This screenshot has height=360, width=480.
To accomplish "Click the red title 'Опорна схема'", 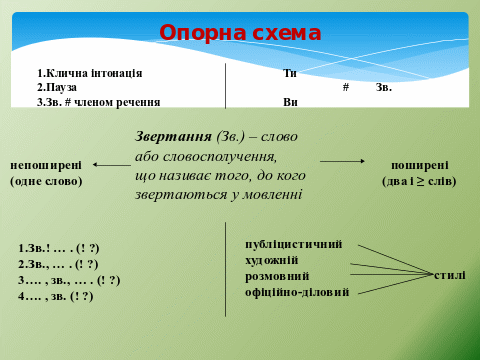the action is point(240,33).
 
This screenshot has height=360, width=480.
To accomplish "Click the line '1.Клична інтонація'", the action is point(90,73).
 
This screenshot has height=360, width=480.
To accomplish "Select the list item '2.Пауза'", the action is point(57,87).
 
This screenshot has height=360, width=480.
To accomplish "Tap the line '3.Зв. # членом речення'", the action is point(99,102).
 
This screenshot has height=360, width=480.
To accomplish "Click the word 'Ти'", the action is point(290,73).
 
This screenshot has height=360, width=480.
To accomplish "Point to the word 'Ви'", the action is point(290,102).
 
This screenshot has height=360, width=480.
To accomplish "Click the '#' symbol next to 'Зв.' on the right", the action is point(346,87).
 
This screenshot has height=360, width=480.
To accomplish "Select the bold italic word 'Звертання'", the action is point(173,136).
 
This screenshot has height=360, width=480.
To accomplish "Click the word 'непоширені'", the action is point(46,165).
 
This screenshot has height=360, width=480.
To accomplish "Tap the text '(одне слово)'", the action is point(46,181).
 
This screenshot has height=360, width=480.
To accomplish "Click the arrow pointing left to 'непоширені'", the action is point(112,165).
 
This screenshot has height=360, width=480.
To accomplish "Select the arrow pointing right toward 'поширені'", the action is point(342,161).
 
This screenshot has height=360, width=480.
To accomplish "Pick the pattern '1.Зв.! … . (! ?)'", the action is point(59,248).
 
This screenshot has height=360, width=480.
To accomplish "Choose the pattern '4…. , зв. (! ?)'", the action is point(56,296).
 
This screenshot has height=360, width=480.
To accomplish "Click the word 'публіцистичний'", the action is point(294,244).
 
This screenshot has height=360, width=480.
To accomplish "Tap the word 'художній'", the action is point(272,260).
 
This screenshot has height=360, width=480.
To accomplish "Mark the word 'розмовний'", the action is point(277,276).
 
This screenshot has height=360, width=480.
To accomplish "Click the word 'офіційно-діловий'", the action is point(297,292).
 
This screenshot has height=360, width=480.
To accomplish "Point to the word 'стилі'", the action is point(450,275).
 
